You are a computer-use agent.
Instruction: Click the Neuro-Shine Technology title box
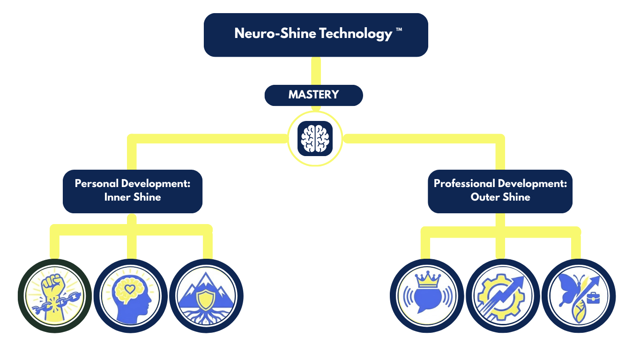[315, 35]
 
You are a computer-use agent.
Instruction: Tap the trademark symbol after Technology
[399, 30]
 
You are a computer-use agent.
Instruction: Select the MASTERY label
[313, 95]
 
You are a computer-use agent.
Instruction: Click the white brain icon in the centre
[315, 139]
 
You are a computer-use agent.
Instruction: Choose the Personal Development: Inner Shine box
[133, 191]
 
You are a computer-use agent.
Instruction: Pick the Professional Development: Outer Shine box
[500, 191]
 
